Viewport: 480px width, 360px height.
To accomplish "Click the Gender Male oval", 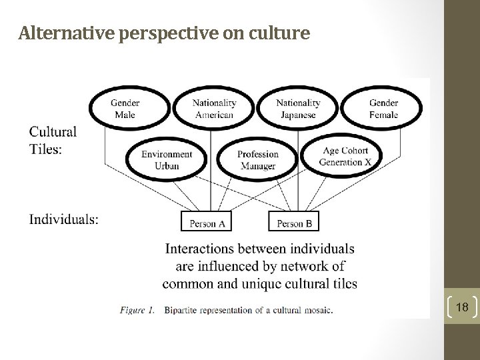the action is pos(125,109).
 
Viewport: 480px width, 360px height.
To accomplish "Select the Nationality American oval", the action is pos(214,109).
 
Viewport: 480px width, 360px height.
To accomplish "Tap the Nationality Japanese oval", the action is pos(297,109).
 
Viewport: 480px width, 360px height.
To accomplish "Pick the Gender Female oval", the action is pos(383,109).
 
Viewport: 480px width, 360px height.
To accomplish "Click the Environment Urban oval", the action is pos(167,160).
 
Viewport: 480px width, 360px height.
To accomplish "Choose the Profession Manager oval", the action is pos(257,160).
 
